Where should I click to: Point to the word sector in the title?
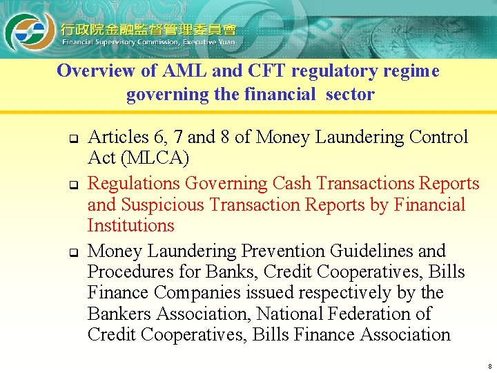coord(351,94)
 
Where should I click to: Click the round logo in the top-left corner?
coord(26,31)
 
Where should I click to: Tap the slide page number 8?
coord(489,366)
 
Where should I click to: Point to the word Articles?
coord(115,137)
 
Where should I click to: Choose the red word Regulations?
coord(135,184)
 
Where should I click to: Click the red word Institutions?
coord(131,225)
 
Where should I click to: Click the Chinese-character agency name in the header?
coord(148,29)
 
